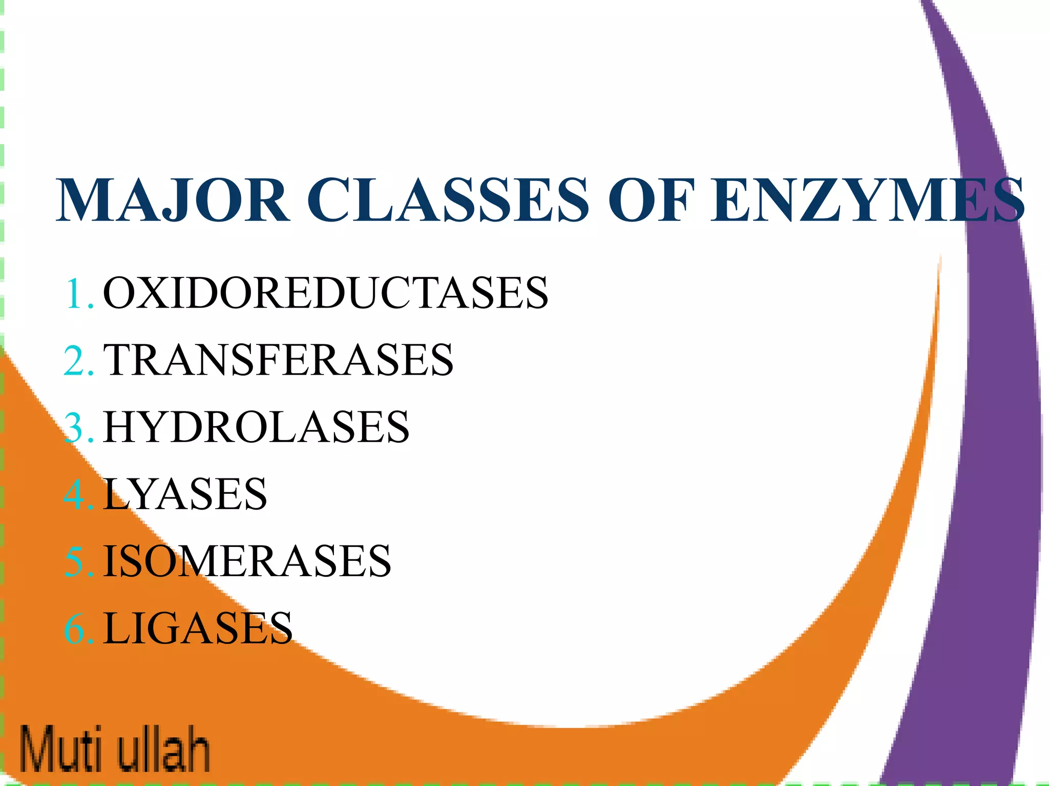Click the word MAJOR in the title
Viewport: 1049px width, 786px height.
[x=173, y=200]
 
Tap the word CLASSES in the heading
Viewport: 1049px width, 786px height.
[x=448, y=200]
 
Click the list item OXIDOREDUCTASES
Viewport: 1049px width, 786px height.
[x=325, y=293]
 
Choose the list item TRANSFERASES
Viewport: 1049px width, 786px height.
[x=278, y=360]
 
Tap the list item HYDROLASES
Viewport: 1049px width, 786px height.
[x=256, y=427]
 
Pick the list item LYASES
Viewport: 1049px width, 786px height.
[x=185, y=494]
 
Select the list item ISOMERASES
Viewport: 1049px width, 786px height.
[x=247, y=561]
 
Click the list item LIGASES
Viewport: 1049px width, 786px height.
[x=198, y=628]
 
